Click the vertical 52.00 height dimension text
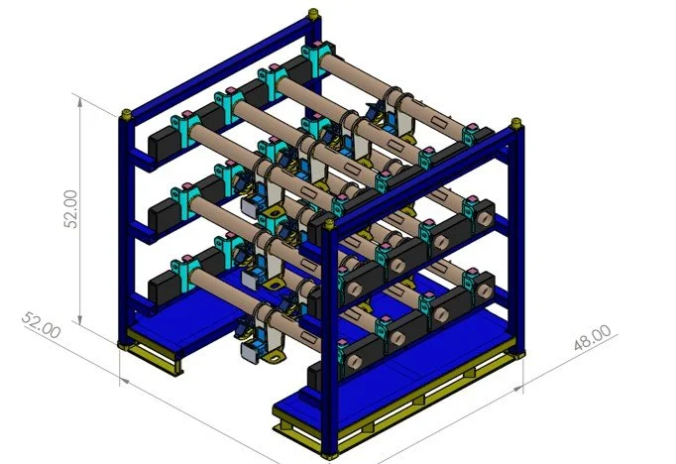click(70, 209)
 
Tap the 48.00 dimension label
click(593, 337)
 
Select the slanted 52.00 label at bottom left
click(41, 325)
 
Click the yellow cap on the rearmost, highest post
click(313, 14)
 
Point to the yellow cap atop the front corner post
click(329, 224)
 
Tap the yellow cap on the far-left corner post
click(126, 114)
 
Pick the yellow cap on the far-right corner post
click(516, 123)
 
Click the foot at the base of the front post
click(329, 455)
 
